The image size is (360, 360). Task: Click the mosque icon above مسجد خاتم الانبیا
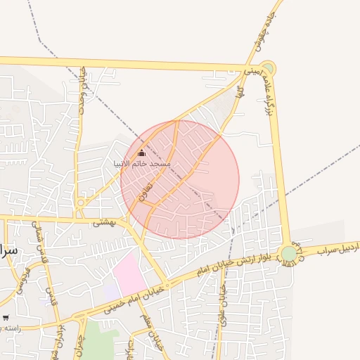pyautogui.click(x=141, y=153)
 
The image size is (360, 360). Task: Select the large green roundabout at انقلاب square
pyautogui.click(x=289, y=254)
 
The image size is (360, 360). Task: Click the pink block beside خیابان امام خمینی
pyautogui.click(x=127, y=275)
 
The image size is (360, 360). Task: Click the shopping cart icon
pyautogui.click(x=6, y=318)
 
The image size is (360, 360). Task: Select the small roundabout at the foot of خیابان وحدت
pyautogui.click(x=82, y=202)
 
